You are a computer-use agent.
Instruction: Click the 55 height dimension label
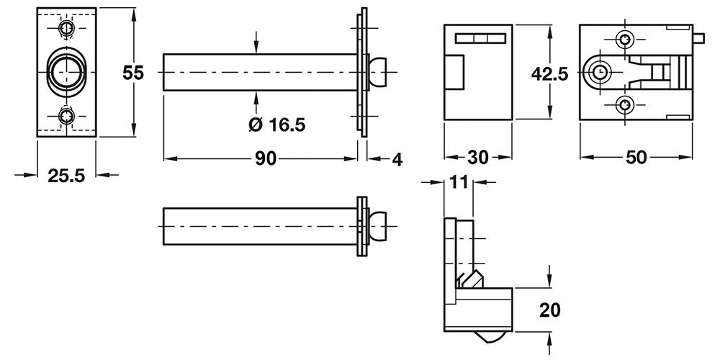[133, 73]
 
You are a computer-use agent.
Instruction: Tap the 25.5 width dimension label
[66, 176]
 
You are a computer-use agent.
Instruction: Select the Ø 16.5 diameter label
[276, 125]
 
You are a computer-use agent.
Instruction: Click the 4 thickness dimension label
[397, 159]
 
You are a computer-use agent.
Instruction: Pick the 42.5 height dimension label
[549, 73]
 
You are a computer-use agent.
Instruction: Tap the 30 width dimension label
[477, 158]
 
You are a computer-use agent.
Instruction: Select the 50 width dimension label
[636, 158]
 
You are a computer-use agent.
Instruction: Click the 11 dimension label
[459, 182]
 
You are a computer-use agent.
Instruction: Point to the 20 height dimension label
[549, 310]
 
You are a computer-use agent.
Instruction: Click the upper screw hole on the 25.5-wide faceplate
[67, 29]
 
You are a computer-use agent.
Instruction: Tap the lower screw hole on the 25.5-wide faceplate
[67, 116]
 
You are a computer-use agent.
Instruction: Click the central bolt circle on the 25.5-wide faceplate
[66, 73]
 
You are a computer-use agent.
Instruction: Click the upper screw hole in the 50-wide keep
[624, 40]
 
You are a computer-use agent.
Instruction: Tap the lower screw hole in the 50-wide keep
[624, 105]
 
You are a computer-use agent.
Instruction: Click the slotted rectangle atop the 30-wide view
[480, 38]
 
